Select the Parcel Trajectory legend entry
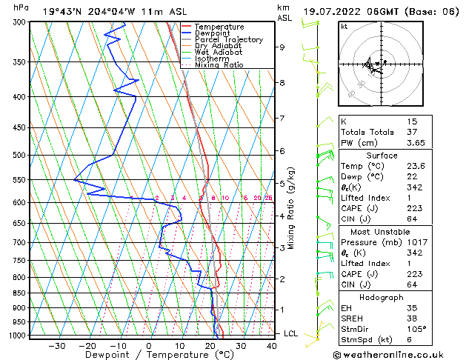click(x=229, y=39)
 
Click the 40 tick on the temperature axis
click(x=272, y=345)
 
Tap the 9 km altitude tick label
click(x=282, y=47)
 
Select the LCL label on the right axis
click(x=291, y=334)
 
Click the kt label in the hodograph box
click(x=344, y=27)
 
